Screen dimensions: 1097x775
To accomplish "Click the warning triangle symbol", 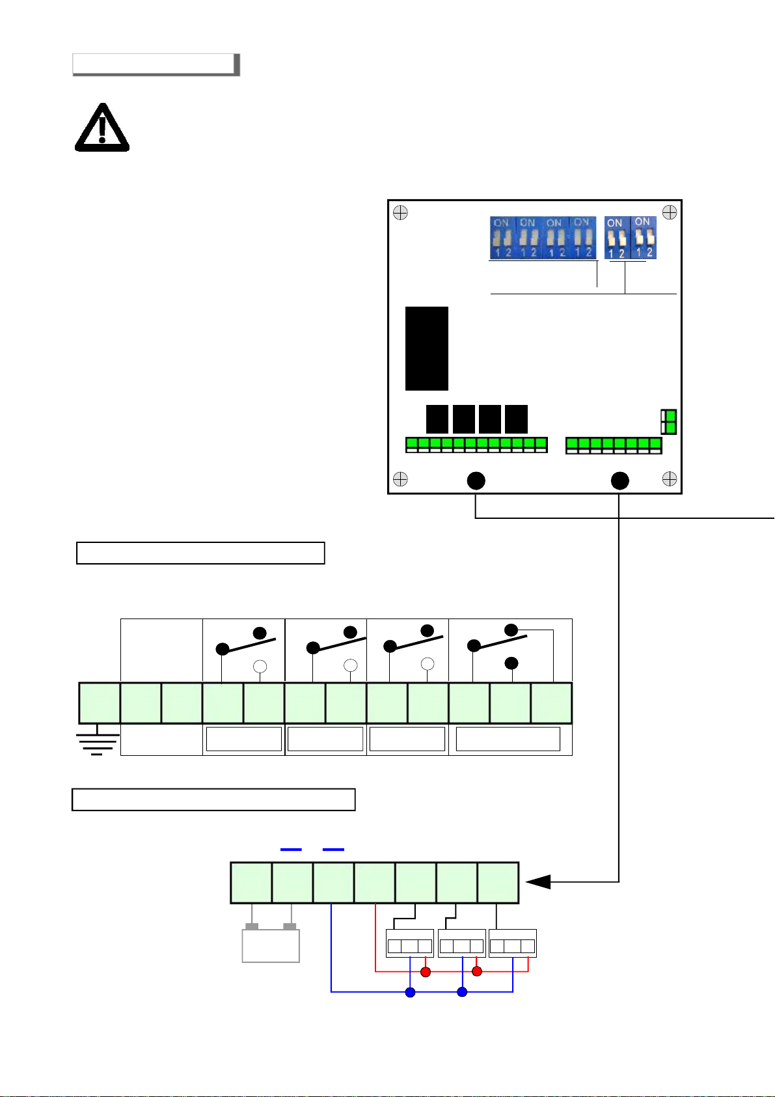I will tap(102, 129).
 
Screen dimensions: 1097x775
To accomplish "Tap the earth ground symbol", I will tap(98, 743).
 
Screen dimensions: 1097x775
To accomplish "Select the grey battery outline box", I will tap(271, 945).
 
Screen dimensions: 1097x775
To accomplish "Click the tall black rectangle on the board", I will tap(427, 348).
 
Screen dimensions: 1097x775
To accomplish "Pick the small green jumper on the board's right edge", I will tap(668, 422).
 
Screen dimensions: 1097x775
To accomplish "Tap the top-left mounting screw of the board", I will tap(400, 213).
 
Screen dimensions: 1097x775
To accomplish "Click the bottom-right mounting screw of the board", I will tap(670, 480).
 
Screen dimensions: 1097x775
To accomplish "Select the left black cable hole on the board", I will tap(476, 481).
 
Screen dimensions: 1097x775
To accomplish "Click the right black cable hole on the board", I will tap(620, 481).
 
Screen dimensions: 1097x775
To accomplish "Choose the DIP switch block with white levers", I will tap(630, 238).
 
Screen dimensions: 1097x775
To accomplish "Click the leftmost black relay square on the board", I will tap(437, 419).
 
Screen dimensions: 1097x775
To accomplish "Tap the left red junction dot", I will tap(426, 972).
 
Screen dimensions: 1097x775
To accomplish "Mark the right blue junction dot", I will tap(462, 992).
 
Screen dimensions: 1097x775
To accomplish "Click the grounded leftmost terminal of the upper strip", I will tap(100, 703).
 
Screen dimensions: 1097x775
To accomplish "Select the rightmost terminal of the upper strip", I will tap(552, 703).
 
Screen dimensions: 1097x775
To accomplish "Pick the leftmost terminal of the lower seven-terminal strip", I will tap(251, 883).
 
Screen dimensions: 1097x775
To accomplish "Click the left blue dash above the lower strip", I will tap(291, 850).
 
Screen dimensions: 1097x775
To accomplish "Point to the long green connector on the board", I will tap(476, 445).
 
